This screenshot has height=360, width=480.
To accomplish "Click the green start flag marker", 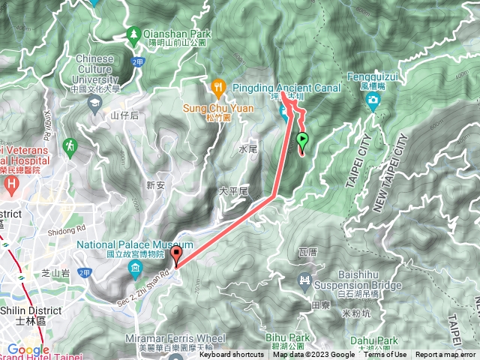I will click(x=303, y=139).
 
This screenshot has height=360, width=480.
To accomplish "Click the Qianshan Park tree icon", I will click(x=133, y=34).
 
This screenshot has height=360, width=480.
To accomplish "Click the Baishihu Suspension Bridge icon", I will click(x=305, y=282).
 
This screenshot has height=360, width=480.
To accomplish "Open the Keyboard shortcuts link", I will click(x=231, y=355).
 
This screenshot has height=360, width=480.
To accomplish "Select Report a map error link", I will click(x=445, y=355).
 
